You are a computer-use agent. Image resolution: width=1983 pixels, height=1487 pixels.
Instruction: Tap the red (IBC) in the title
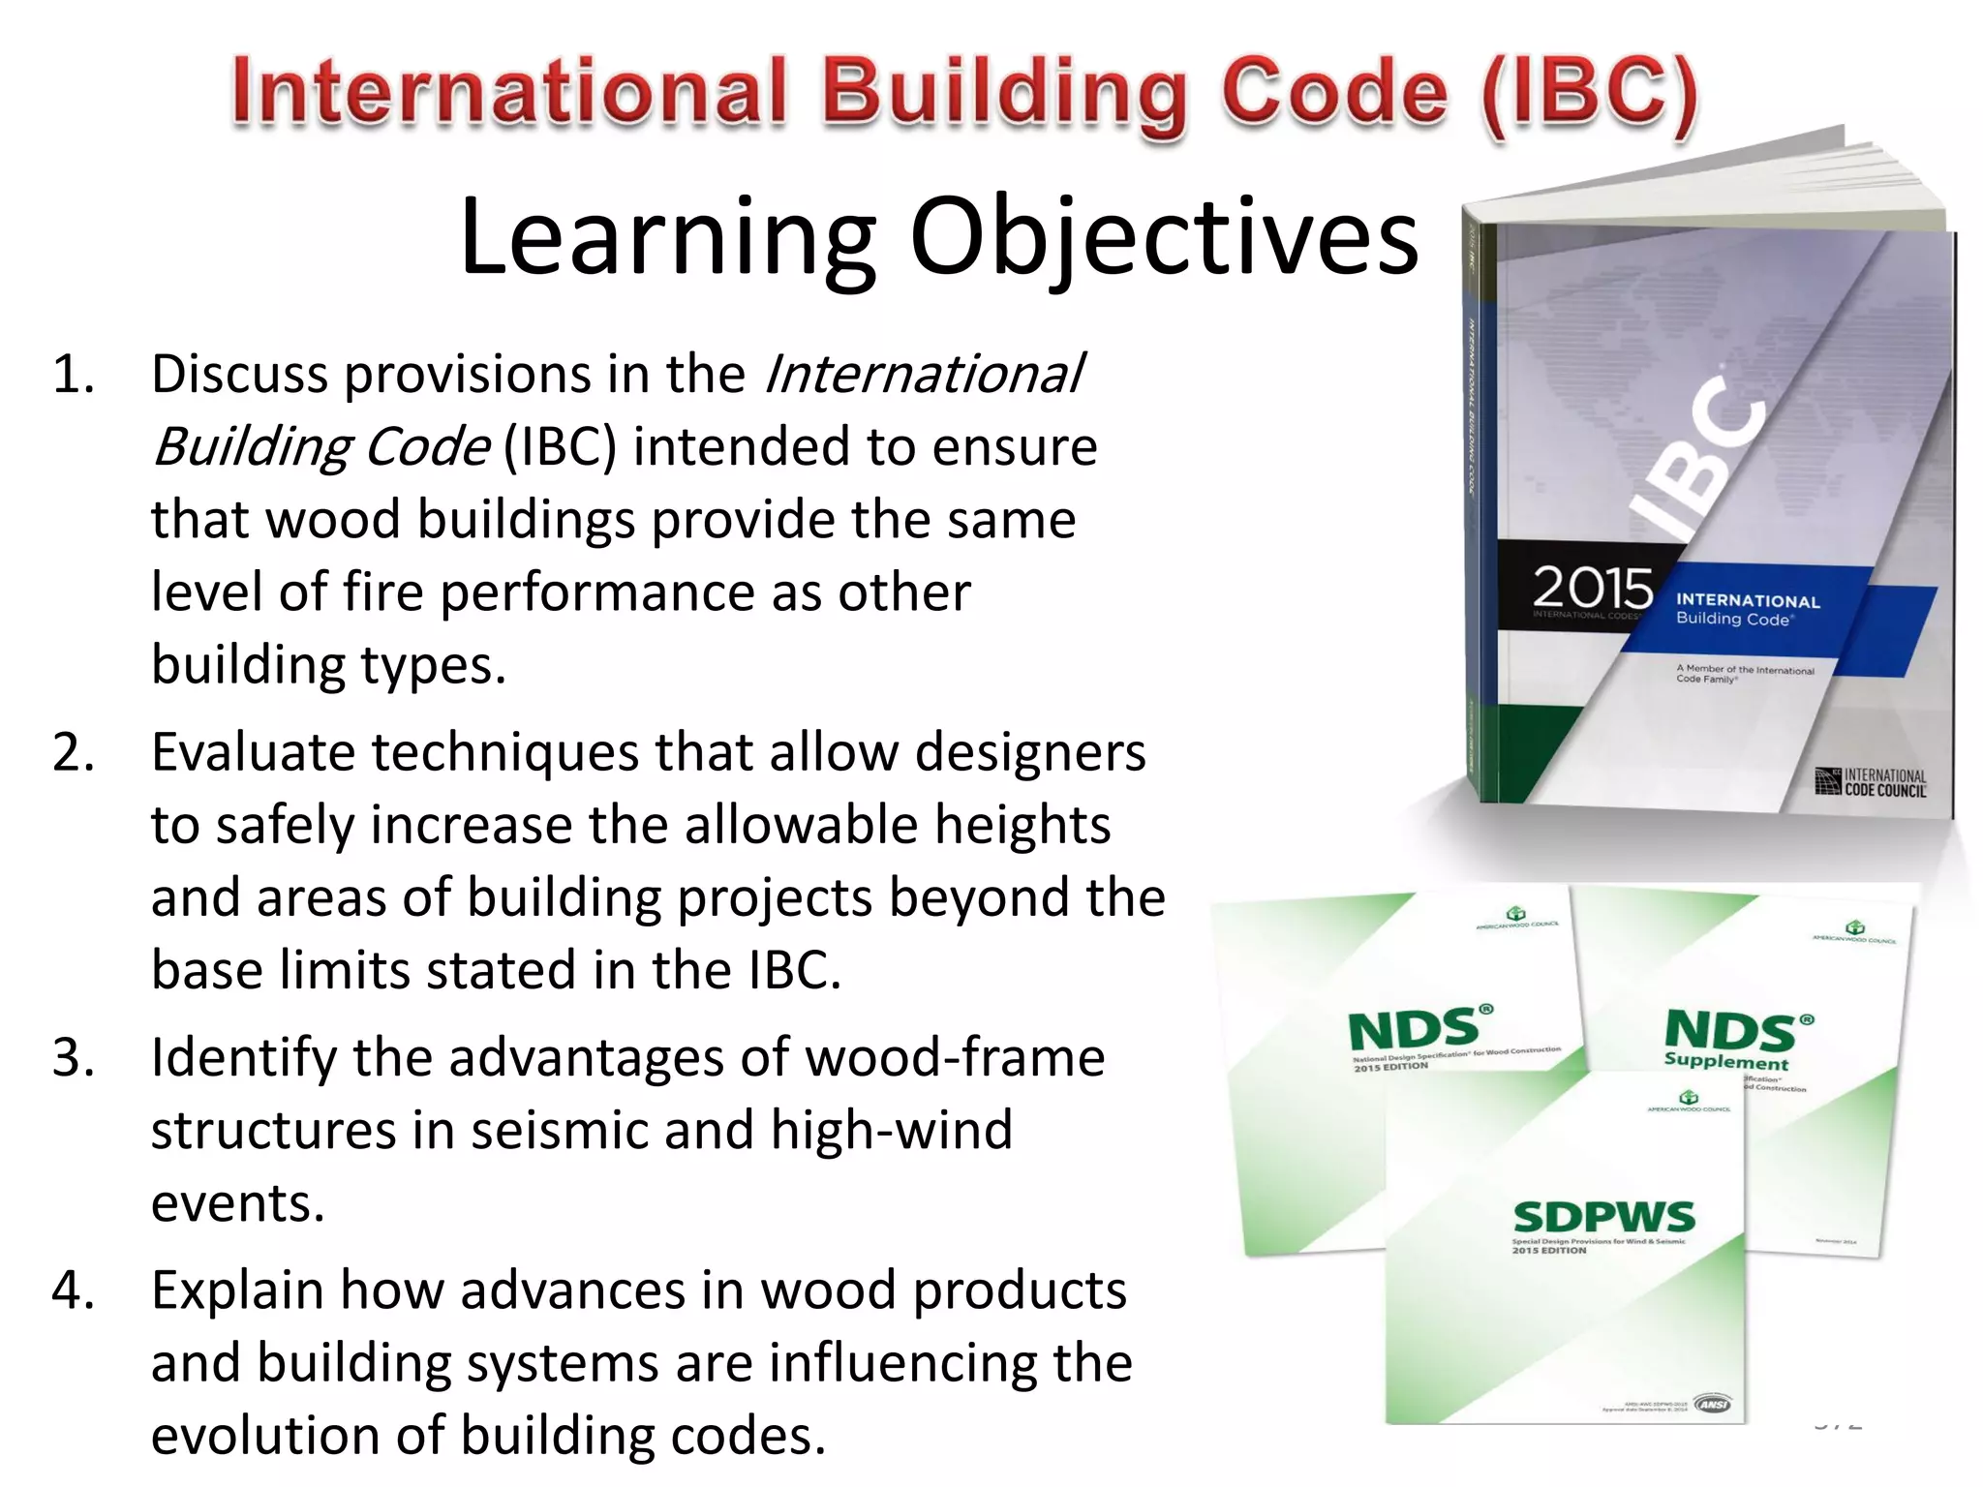pos(1588,94)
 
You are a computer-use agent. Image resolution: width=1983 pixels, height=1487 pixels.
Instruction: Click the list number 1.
pos(73,375)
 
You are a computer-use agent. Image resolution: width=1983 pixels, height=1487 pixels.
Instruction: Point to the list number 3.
pos(73,1057)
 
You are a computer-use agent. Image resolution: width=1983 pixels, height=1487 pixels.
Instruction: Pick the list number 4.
pos(73,1290)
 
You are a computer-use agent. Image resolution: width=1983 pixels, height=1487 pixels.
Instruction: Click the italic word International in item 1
pos(925,375)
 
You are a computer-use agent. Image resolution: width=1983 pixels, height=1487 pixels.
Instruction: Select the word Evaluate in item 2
pos(253,752)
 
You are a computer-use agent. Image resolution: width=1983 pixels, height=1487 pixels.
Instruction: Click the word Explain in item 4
pos(237,1290)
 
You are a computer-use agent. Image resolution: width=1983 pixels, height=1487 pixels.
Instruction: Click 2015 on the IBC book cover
pos(1592,587)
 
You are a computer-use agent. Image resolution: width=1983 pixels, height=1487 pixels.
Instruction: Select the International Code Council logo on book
pos(1871,782)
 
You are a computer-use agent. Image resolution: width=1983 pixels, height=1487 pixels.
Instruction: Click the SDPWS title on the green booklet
pos(1603,1217)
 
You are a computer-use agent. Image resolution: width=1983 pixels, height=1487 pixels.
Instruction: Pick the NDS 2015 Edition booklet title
pos(1414,1030)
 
